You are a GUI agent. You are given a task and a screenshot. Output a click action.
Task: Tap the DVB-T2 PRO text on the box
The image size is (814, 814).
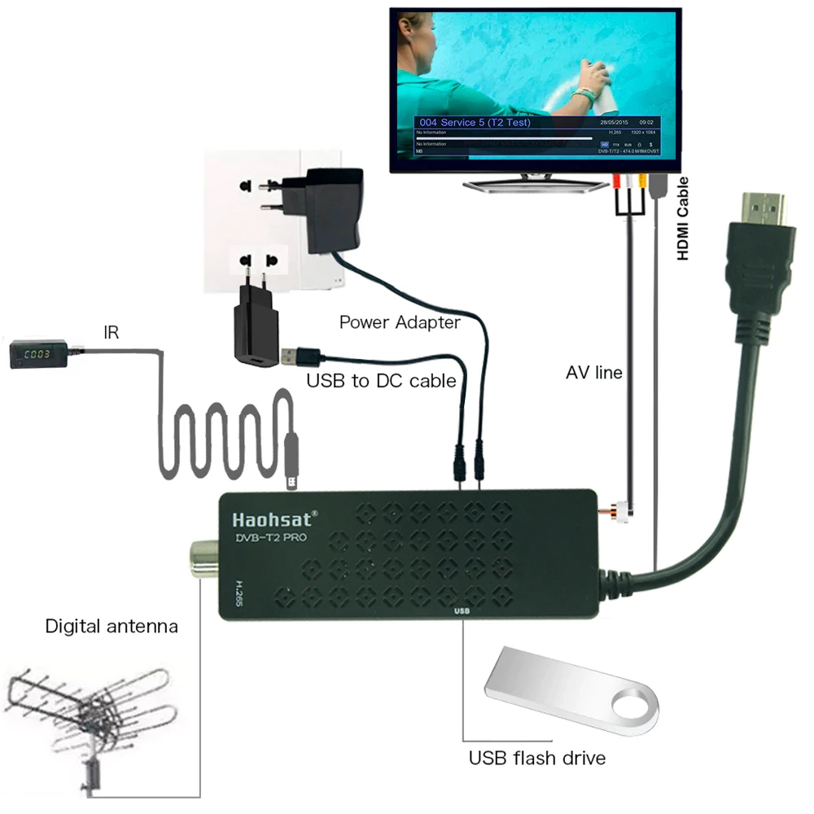pyautogui.click(x=269, y=537)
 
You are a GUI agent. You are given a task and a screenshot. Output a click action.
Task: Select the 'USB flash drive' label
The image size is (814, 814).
pyautogui.click(x=536, y=758)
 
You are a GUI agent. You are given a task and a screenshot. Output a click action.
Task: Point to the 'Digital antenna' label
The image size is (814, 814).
pyautogui.click(x=111, y=626)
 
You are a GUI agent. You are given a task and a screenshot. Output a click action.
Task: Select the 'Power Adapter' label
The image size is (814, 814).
pyautogui.click(x=400, y=322)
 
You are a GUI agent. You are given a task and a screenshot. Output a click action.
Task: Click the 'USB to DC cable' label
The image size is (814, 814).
pyautogui.click(x=381, y=380)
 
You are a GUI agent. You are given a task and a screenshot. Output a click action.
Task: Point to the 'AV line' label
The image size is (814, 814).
pyautogui.click(x=594, y=373)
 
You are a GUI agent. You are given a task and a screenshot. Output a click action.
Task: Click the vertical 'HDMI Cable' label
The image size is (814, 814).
pyautogui.click(x=684, y=218)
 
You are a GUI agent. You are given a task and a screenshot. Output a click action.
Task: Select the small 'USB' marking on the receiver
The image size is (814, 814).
pyautogui.click(x=462, y=608)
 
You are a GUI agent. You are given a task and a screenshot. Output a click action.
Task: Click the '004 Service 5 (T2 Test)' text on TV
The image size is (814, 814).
pyautogui.click(x=475, y=122)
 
